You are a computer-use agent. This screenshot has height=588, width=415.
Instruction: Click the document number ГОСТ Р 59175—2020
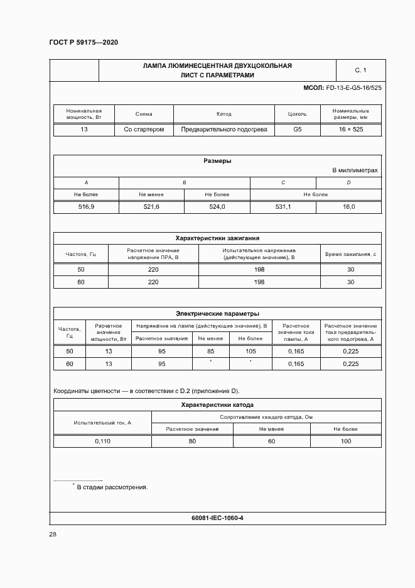[83, 42]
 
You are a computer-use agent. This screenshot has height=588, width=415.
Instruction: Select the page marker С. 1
[360, 70]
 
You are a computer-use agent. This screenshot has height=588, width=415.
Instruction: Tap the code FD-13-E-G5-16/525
[353, 87]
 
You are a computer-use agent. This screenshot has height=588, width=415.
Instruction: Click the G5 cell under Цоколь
[298, 130]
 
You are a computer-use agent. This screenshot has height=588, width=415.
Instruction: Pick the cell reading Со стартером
[144, 130]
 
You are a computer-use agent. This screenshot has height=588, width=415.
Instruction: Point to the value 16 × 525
[350, 130]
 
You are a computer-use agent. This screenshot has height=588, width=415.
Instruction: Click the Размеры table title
[217, 161]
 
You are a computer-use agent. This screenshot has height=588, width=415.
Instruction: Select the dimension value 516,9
[86, 207]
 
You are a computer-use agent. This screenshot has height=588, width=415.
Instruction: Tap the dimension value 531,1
[283, 207]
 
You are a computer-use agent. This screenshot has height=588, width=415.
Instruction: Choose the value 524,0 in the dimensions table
[217, 207]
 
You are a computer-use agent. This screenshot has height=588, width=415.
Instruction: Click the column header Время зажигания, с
[350, 254]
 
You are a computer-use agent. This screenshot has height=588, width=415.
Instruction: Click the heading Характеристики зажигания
[217, 238]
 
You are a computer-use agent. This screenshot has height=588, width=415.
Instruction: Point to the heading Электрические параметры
[217, 313]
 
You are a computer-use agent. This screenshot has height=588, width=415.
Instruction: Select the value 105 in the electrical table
[251, 352]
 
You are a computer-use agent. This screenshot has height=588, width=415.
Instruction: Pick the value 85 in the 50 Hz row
[210, 352]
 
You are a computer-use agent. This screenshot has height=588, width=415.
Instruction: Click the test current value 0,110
[102, 441]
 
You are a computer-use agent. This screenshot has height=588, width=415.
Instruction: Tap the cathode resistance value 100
[346, 441]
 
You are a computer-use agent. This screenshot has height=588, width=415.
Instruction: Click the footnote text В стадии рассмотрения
[112, 487]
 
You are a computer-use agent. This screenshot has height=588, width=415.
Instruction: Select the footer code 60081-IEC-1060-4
[217, 518]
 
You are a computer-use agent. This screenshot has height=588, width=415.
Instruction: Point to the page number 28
[53, 535]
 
